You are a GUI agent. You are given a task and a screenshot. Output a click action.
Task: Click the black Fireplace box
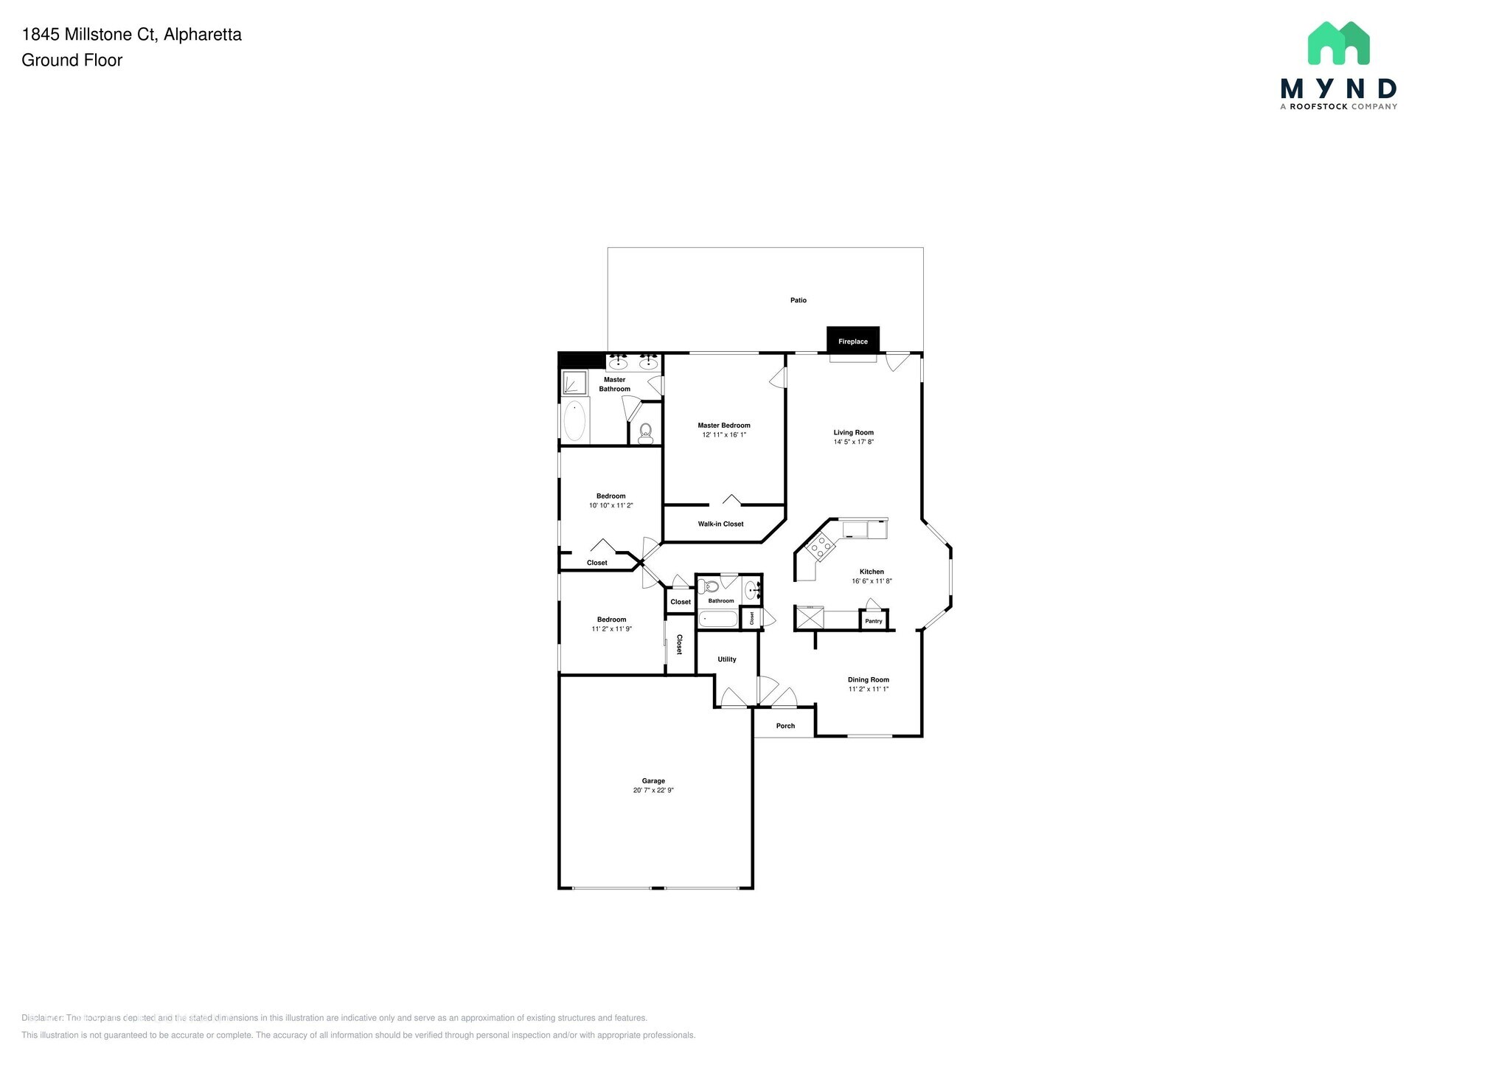(x=852, y=340)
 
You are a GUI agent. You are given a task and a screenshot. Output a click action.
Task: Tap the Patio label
(x=798, y=300)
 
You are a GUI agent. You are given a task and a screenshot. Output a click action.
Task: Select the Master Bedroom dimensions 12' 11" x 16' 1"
(x=724, y=435)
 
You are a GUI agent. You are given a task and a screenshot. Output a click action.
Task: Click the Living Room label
(x=853, y=433)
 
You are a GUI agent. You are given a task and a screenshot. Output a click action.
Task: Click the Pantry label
(x=873, y=621)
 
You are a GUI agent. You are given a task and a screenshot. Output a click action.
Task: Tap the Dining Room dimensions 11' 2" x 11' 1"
(x=869, y=690)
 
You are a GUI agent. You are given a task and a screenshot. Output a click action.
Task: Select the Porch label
(x=785, y=726)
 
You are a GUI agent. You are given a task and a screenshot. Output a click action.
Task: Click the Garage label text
(x=653, y=781)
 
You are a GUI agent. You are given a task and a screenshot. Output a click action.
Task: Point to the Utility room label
(x=726, y=659)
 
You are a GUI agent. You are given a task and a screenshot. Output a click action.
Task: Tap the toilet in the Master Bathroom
(x=646, y=431)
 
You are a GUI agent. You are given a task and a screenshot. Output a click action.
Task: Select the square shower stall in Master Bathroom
(x=574, y=383)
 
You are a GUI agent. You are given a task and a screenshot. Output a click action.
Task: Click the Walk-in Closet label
(x=720, y=524)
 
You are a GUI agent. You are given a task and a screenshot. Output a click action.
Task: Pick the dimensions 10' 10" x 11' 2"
(x=610, y=506)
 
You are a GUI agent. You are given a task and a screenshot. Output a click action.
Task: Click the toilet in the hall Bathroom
(x=709, y=587)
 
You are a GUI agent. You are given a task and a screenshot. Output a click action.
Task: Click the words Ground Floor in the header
(x=72, y=60)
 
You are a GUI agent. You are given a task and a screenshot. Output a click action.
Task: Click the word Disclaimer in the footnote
(x=41, y=1018)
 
